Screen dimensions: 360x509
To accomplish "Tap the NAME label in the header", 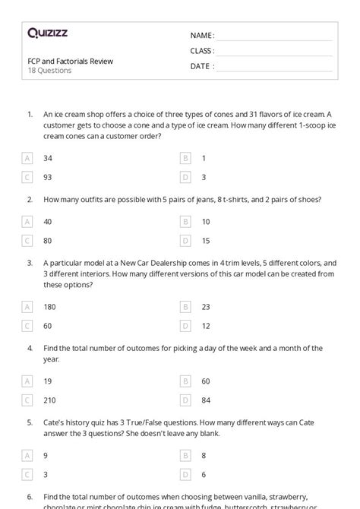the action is (202, 35).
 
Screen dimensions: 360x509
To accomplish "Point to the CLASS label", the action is (202, 51).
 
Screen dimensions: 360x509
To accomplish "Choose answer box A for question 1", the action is (28, 158).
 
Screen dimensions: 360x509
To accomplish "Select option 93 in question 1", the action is (48, 177).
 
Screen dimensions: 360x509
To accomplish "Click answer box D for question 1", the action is (185, 177).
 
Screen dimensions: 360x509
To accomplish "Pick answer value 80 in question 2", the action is (48, 241).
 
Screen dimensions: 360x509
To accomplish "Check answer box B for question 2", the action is (185, 222).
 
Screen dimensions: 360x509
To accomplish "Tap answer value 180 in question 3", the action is (49, 307).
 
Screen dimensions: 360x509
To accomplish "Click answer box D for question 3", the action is (185, 326).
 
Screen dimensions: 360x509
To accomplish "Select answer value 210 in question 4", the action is (49, 400).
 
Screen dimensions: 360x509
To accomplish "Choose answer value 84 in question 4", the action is (205, 400).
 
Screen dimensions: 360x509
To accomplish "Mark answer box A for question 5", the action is (28, 456).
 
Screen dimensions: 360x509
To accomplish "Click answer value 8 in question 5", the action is (204, 456).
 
